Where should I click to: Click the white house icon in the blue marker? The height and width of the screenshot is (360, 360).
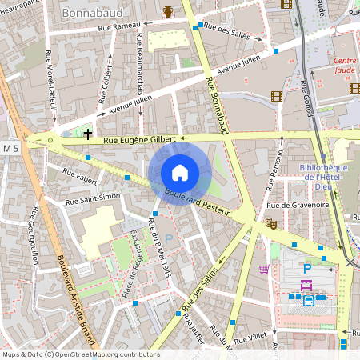180,172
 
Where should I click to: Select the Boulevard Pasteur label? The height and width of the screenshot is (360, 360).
197,202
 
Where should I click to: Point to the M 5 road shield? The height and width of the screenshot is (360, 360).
10,148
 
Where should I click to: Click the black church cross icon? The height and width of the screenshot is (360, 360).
87,133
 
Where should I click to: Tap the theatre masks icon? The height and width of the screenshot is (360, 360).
270,225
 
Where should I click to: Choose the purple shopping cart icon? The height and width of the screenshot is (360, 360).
263,268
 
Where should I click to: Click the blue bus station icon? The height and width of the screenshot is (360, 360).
309,301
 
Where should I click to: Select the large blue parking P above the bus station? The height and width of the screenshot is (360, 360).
306,270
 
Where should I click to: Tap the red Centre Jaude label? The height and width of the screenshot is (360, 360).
345,65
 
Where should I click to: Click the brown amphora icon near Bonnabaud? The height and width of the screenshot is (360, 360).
168,11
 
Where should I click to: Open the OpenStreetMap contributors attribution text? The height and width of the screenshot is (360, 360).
80,354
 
